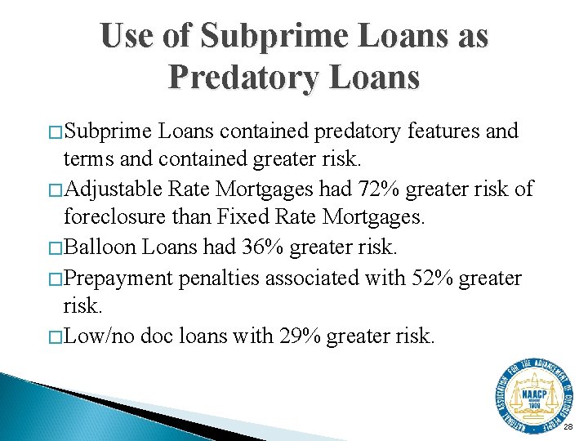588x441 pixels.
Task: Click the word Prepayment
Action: point(118,278)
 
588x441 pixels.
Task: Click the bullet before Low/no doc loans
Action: point(56,337)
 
